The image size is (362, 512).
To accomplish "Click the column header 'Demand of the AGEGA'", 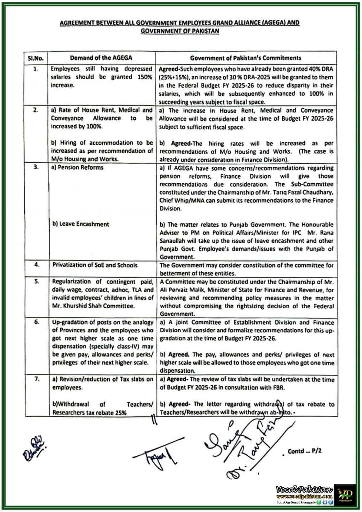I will tap(101, 58).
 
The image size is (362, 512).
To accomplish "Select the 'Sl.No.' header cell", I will tap(36, 59).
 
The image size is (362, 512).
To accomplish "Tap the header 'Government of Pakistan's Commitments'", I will tap(245, 58).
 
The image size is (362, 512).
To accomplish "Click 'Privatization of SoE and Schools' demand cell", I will tap(95, 265).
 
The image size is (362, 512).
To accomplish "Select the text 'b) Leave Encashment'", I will tap(81, 224).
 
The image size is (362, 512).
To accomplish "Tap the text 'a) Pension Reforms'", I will tap(77, 167).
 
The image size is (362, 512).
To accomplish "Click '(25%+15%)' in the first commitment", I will tap(173, 77).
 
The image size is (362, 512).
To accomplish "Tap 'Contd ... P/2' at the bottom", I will tap(304, 451).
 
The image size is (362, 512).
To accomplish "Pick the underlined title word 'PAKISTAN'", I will tap(205, 31).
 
